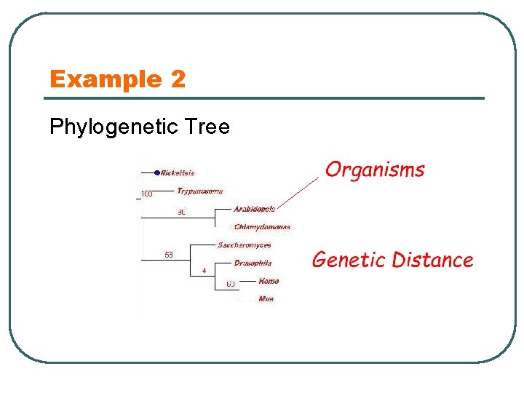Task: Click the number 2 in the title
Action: pyautogui.click(x=178, y=79)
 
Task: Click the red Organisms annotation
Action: pyautogui.click(x=375, y=170)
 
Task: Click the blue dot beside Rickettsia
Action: pyautogui.click(x=157, y=172)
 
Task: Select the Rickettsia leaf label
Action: pyautogui.click(x=178, y=173)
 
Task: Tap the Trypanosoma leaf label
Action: pyautogui.click(x=199, y=191)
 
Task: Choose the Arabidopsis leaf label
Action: pyautogui.click(x=254, y=209)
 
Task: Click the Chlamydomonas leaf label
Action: pyautogui.click(x=262, y=227)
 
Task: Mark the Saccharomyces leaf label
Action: pyautogui.click(x=244, y=245)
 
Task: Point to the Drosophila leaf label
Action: pyautogui.click(x=253, y=263)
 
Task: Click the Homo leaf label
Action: pyautogui.click(x=269, y=281)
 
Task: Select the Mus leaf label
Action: pyautogui.click(x=266, y=298)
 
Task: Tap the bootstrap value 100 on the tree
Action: pyautogui.click(x=146, y=194)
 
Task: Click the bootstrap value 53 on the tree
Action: pyautogui.click(x=168, y=255)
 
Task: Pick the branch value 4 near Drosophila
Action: pyautogui.click(x=204, y=271)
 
